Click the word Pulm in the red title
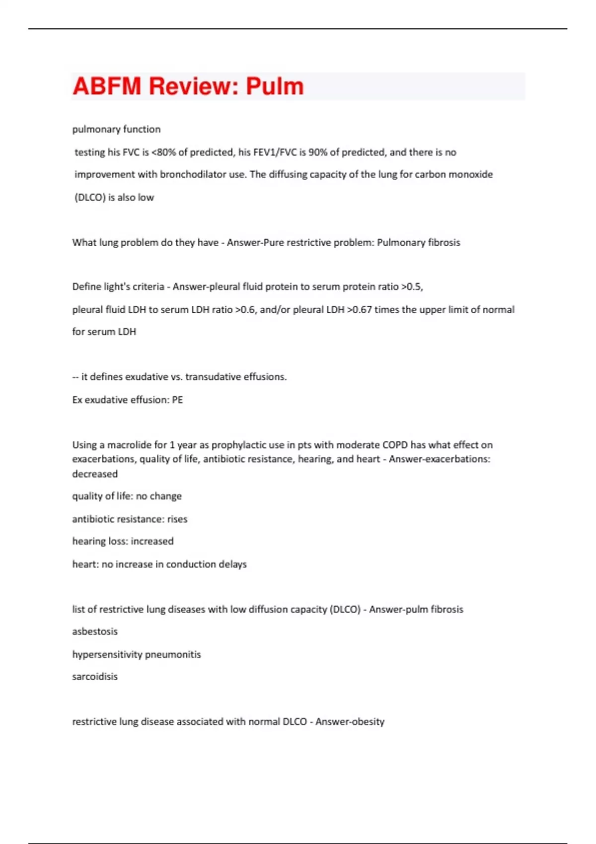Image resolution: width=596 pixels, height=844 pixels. point(275,86)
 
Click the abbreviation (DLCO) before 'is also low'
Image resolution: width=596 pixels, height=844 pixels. point(90,198)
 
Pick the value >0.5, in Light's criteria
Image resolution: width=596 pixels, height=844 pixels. point(412,287)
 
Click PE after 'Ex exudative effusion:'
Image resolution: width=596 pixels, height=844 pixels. point(177,400)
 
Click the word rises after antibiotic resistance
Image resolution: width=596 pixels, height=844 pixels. point(177,519)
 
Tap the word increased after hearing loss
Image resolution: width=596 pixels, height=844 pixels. point(152,541)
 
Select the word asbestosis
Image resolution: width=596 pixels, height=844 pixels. point(95,632)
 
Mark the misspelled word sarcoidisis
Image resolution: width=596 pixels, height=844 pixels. point(95,677)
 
